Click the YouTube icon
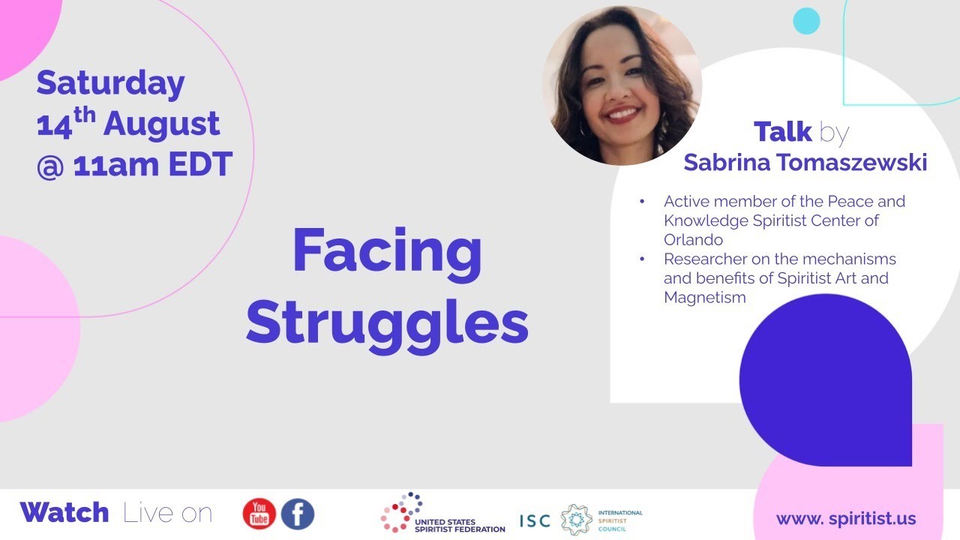pyautogui.click(x=259, y=514)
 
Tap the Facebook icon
pyautogui.click(x=298, y=514)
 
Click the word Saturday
pyautogui.click(x=110, y=83)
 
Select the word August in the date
pyautogui.click(x=161, y=124)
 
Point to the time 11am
pyautogui.click(x=115, y=164)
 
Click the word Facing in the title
pyautogui.click(x=387, y=251)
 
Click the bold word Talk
pyautogui.click(x=783, y=132)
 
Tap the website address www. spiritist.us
pyautogui.click(x=845, y=518)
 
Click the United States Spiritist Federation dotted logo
pyautogui.click(x=401, y=512)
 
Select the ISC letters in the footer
pyautogui.click(x=535, y=520)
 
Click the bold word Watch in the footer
pyautogui.click(x=64, y=513)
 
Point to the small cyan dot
pyautogui.click(x=806, y=21)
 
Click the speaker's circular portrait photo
pyautogui.click(x=622, y=85)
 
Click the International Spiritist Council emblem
pyautogui.click(x=577, y=519)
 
